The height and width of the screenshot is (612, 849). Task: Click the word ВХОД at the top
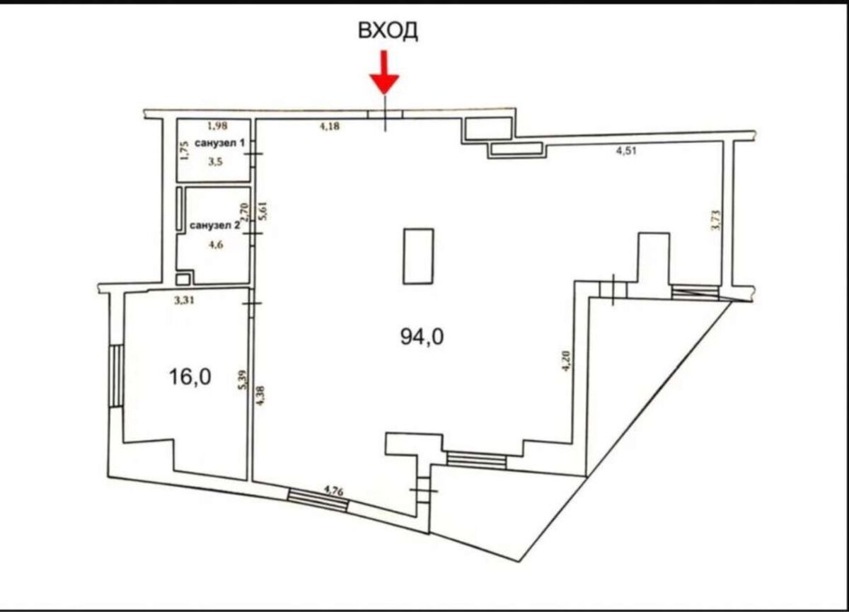(x=388, y=30)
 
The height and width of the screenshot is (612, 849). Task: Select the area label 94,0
(x=422, y=337)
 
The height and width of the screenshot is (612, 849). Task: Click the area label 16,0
(x=190, y=377)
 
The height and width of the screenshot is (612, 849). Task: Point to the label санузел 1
(x=220, y=143)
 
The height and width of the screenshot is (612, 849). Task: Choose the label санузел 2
(x=214, y=226)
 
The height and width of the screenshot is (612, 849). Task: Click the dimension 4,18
(x=330, y=126)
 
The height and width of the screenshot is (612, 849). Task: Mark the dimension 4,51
(x=626, y=151)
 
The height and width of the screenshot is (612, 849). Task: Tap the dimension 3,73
(x=716, y=220)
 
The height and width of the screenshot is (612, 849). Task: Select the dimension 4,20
(x=566, y=361)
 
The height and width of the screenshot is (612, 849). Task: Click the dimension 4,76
(x=333, y=491)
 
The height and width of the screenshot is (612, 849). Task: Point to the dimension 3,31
(x=184, y=301)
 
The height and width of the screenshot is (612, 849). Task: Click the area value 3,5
(x=215, y=162)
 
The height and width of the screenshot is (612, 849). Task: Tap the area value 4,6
(x=216, y=244)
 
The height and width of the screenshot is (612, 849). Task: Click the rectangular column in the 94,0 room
(x=418, y=256)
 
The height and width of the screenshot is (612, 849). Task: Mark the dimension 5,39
(x=245, y=379)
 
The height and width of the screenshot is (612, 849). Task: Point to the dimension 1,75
(x=185, y=151)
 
